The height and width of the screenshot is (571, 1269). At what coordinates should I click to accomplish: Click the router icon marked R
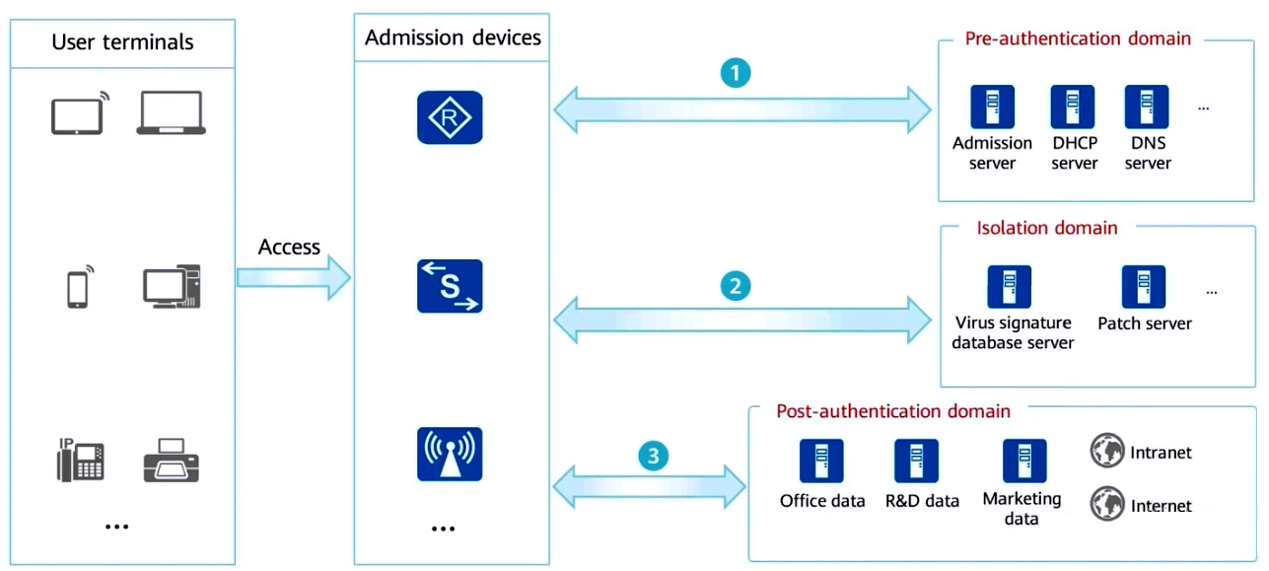pyautogui.click(x=450, y=117)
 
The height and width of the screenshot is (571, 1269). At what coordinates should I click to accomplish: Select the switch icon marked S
pyautogui.click(x=450, y=286)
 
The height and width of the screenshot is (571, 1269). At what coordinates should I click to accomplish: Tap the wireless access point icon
pyautogui.click(x=450, y=455)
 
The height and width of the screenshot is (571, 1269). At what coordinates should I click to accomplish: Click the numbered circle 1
pyautogui.click(x=736, y=73)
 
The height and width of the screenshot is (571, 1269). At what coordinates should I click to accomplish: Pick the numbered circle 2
pyautogui.click(x=736, y=286)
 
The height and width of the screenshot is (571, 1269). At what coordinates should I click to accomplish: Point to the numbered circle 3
pyautogui.click(x=653, y=456)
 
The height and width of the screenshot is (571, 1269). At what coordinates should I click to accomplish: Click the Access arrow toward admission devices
pyautogui.click(x=294, y=277)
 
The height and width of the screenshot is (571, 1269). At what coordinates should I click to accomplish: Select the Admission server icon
pyautogui.click(x=992, y=107)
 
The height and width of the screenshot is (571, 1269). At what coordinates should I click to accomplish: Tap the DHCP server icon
pyautogui.click(x=1073, y=107)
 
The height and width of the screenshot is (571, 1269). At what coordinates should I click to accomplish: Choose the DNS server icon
pyautogui.click(x=1147, y=107)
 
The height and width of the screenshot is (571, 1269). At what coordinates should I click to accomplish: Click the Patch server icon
pyautogui.click(x=1144, y=287)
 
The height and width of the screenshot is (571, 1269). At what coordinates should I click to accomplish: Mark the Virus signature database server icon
pyautogui.click(x=1009, y=287)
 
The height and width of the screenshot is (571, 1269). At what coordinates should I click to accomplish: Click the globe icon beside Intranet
pyautogui.click(x=1107, y=451)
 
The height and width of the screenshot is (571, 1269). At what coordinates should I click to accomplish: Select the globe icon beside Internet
pyautogui.click(x=1107, y=503)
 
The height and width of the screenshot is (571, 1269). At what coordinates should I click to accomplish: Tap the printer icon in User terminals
pyautogui.click(x=172, y=460)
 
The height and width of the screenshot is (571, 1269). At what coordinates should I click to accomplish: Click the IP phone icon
pyautogui.click(x=81, y=460)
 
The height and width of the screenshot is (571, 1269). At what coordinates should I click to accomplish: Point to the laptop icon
pyautogui.click(x=172, y=112)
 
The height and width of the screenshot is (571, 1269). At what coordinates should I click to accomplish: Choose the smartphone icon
pyautogui.click(x=79, y=287)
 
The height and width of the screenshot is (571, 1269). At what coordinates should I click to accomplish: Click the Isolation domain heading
pyautogui.click(x=1047, y=228)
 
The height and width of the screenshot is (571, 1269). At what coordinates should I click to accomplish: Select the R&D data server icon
pyautogui.click(x=916, y=461)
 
